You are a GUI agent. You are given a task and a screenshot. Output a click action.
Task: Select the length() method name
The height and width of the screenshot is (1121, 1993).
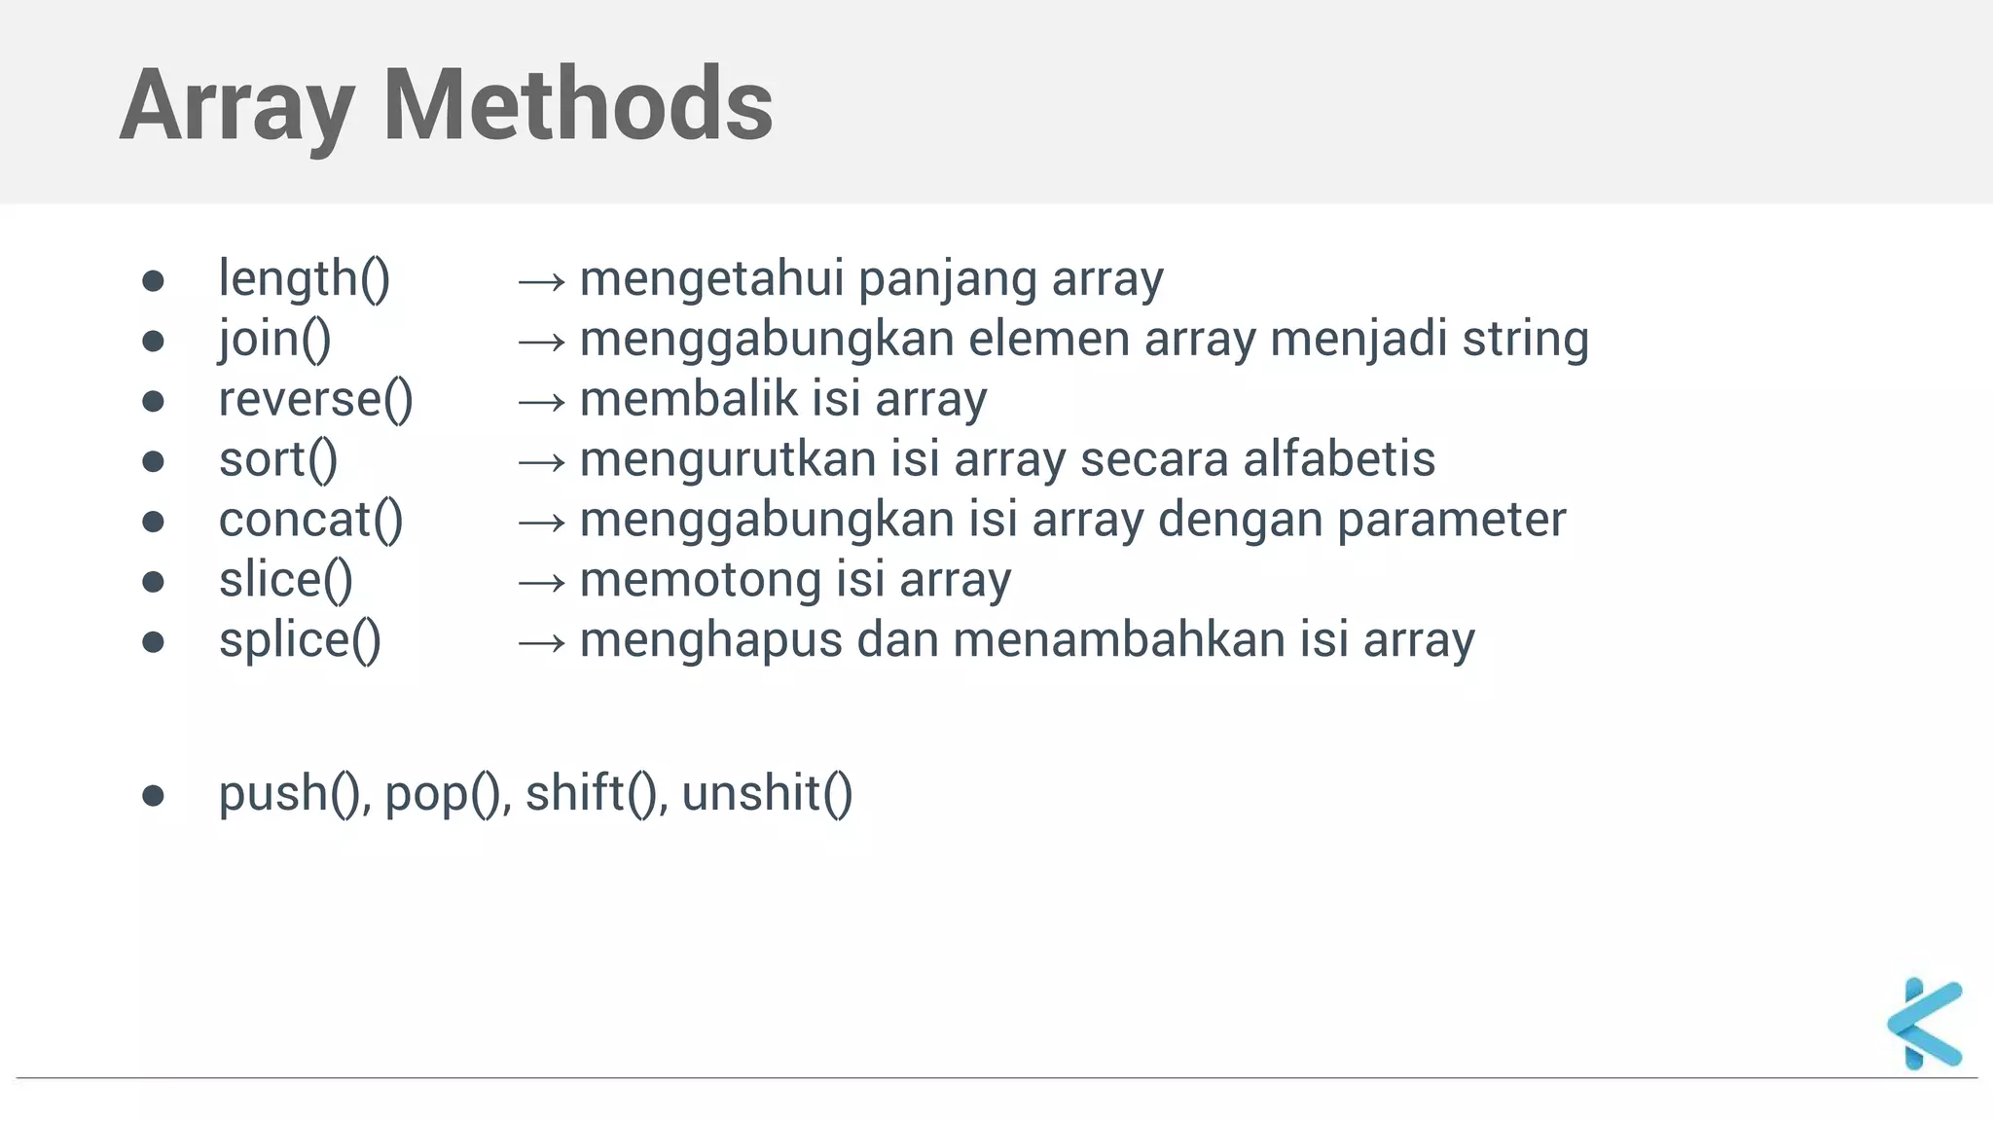point(304,278)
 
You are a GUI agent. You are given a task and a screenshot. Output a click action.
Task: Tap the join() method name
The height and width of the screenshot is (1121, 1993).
point(274,339)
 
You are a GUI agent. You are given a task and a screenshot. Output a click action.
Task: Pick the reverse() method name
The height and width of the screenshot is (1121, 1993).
point(315,399)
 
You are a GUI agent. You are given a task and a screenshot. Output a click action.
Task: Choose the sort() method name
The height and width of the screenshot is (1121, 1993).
point(278,459)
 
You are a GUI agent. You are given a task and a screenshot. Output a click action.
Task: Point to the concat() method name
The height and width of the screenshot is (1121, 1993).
point(310,520)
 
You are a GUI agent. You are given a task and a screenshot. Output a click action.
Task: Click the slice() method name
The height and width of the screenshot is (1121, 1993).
point(285,580)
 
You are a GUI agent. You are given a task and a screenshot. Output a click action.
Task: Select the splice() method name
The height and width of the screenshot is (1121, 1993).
point(300,640)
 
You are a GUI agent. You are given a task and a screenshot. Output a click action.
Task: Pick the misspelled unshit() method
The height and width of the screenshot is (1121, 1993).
point(767,793)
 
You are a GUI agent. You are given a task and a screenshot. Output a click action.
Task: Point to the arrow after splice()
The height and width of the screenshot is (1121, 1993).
point(541,642)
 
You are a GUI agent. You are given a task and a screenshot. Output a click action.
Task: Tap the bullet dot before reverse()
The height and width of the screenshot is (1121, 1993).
point(153,401)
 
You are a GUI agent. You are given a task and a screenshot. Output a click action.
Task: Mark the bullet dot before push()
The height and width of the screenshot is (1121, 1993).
point(153,796)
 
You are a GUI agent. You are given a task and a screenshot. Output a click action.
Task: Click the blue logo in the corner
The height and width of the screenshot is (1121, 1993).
point(1924,1024)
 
